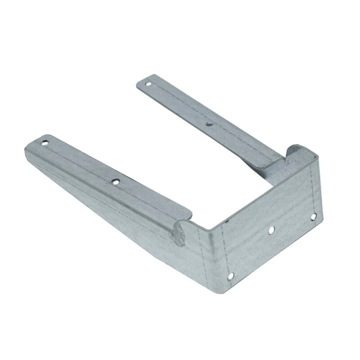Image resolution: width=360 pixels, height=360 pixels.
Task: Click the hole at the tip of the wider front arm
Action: coord(45,144)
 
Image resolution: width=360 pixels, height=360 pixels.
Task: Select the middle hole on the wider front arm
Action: coord(116,182)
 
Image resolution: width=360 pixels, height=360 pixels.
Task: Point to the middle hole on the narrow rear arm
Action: coord(208,123)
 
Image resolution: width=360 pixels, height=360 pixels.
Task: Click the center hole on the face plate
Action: coord(271,230)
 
